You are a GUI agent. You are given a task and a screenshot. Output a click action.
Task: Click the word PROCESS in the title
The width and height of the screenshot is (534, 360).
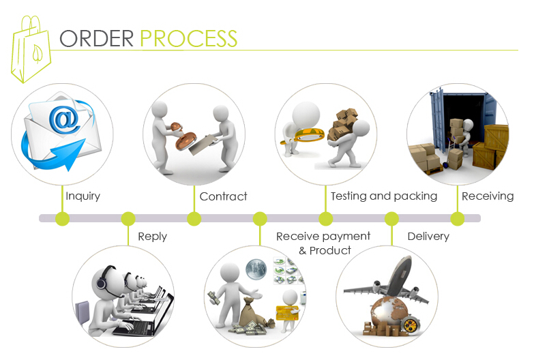pos(189,38)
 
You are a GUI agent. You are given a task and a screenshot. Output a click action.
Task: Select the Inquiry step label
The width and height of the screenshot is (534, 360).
pos(83,196)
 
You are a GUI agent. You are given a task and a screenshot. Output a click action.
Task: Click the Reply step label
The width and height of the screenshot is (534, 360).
pos(152,237)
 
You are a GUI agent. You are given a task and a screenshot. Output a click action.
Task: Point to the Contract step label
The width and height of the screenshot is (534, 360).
pos(223,196)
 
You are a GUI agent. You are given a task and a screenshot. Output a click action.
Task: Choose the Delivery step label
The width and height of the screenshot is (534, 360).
pos(428,237)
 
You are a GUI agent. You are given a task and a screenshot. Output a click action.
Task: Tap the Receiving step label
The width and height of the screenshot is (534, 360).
pos(487,196)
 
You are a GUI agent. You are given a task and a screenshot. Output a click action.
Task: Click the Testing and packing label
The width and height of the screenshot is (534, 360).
pos(383,196)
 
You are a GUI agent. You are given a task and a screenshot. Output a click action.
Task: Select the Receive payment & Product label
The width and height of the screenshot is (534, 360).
pos(323,243)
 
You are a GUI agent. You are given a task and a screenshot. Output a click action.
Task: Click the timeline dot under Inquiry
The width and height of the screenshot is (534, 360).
pos(63,219)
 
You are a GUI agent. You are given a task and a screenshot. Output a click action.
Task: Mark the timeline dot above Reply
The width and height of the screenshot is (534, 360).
pos(128,219)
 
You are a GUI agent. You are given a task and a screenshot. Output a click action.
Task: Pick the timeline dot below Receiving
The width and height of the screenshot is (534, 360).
pos(457,219)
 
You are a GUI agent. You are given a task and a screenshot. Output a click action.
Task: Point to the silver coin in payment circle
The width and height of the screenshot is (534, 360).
pos(256,268)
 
